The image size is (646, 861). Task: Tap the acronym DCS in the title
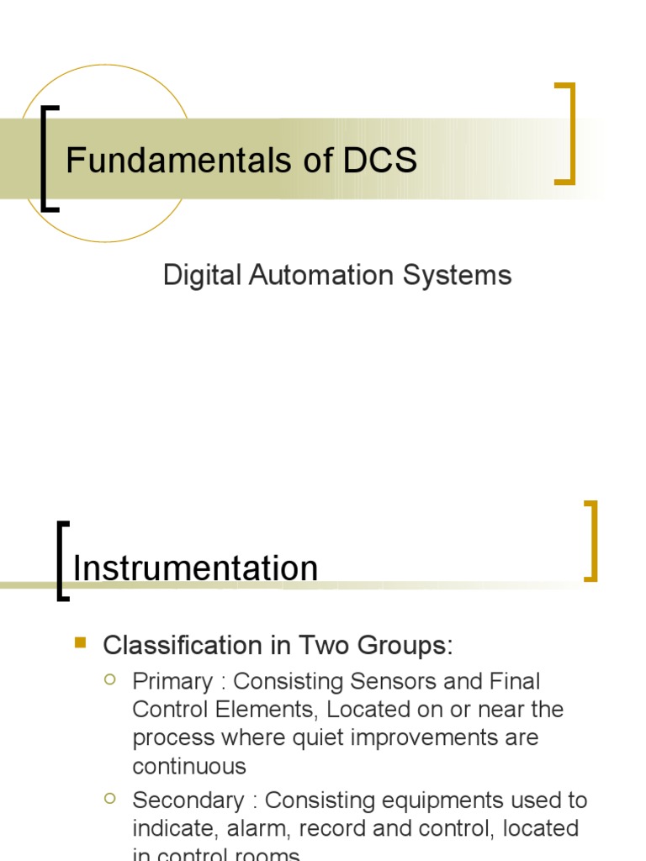(x=380, y=161)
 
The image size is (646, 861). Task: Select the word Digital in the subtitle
(x=195, y=275)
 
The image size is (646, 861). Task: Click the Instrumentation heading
(x=195, y=569)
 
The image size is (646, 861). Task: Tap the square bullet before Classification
(x=81, y=643)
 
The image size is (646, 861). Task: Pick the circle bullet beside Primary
(x=109, y=679)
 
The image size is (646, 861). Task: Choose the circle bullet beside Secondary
(x=109, y=798)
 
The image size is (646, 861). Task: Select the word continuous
(x=189, y=766)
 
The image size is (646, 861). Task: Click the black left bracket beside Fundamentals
(x=49, y=158)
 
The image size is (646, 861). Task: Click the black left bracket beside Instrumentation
(x=62, y=561)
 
